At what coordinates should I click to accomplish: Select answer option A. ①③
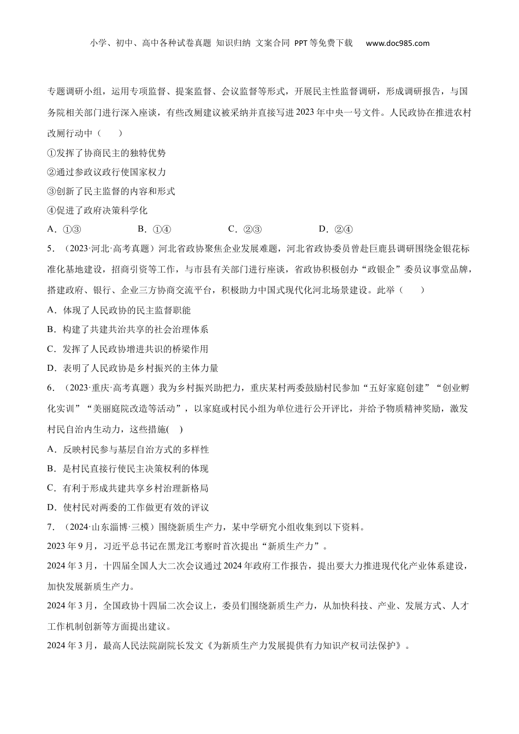click(64, 229)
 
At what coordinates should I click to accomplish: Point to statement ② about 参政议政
click(107, 173)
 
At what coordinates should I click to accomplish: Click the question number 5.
click(51, 249)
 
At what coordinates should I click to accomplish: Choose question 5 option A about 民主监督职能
click(119, 310)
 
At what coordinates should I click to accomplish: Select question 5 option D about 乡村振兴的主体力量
click(133, 368)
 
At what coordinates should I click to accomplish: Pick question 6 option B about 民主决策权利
click(128, 469)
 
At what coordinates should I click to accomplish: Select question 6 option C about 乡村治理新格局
click(128, 488)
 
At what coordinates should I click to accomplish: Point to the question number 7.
click(51, 527)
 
